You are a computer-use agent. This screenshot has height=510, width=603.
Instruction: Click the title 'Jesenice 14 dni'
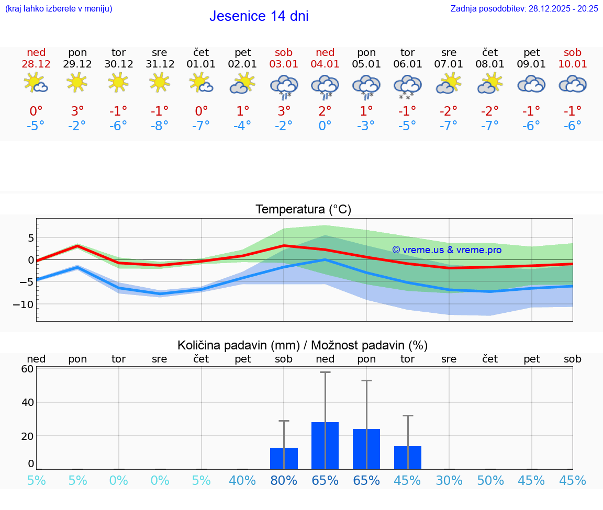click(259, 16)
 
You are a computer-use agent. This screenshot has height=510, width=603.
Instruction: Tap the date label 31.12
click(160, 64)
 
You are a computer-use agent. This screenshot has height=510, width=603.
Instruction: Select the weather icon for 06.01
click(408, 86)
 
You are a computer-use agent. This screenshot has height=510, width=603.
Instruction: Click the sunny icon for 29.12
click(77, 82)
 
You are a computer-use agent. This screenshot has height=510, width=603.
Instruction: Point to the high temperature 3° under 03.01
click(284, 111)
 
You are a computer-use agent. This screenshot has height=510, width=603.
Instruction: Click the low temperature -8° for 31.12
click(160, 126)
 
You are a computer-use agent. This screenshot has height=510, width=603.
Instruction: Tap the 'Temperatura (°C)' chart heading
click(303, 209)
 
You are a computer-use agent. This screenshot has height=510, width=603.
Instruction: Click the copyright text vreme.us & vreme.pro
click(446, 250)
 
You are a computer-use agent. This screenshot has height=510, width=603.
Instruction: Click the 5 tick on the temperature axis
click(30, 238)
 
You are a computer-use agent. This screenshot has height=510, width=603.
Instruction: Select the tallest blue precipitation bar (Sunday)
click(325, 446)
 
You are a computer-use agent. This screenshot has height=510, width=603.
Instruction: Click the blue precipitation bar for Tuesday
click(408, 458)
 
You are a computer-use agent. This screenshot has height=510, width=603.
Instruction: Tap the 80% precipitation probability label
click(284, 480)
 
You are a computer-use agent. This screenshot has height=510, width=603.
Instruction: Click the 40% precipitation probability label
click(242, 480)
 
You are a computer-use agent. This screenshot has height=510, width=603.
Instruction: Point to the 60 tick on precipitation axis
click(27, 369)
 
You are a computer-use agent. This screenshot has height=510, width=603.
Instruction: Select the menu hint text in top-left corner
click(59, 8)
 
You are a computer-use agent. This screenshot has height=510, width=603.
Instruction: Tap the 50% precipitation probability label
click(490, 480)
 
